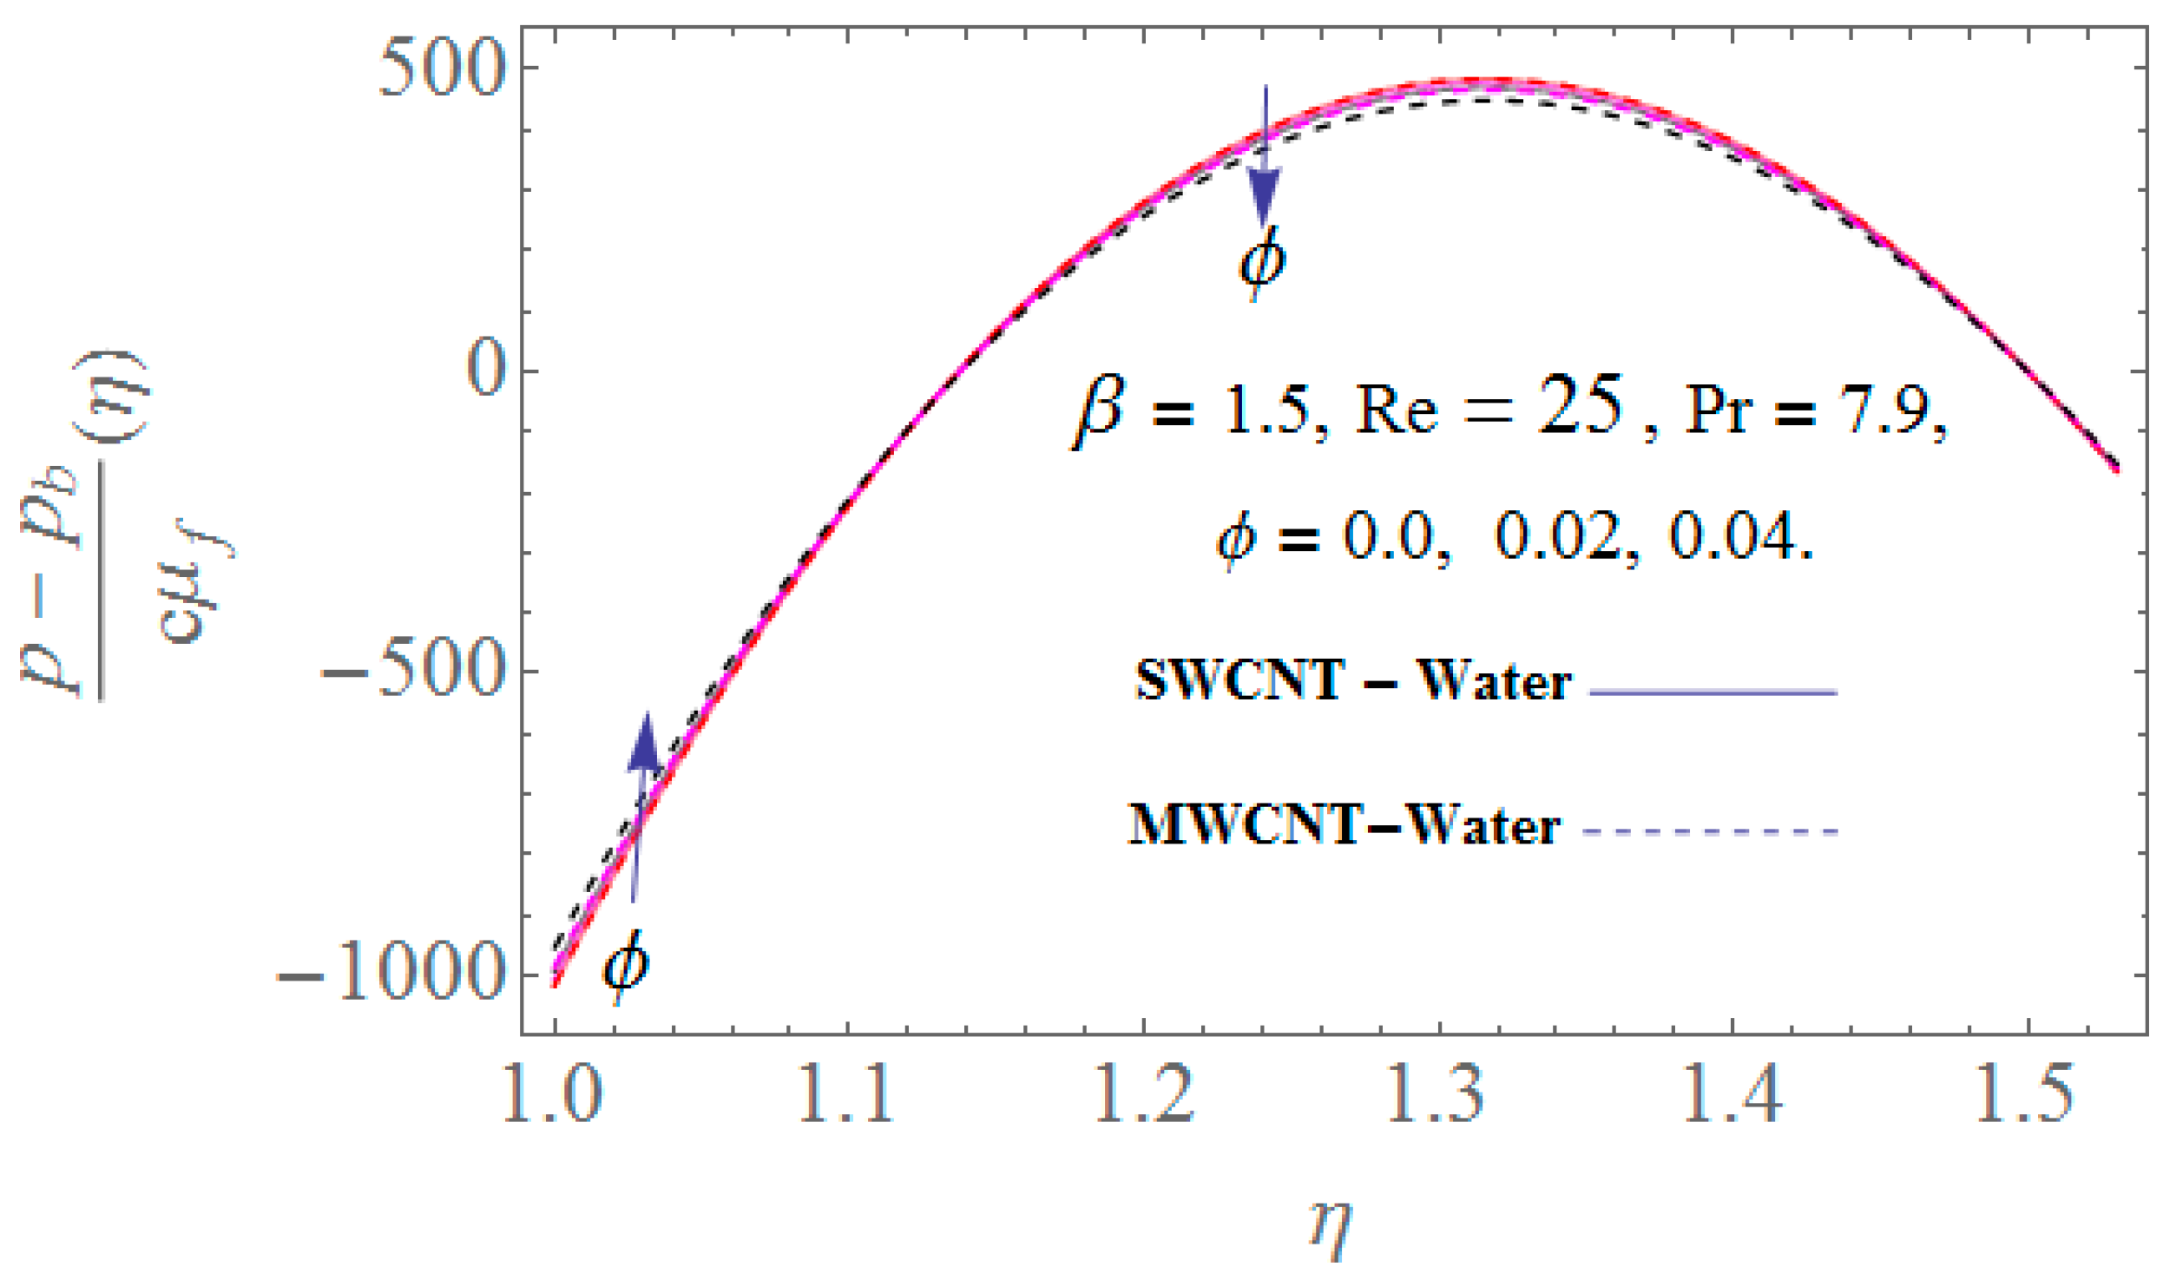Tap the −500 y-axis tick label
coord(413,671)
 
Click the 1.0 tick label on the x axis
coord(552,1095)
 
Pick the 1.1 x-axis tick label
coord(845,1095)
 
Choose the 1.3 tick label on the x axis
coord(1437,1095)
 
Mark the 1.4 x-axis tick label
coord(1732,1095)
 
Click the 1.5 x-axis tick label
coord(2026,1095)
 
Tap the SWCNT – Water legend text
coord(1352,681)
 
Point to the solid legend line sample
coord(1713,692)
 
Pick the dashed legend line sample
coord(1712,831)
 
